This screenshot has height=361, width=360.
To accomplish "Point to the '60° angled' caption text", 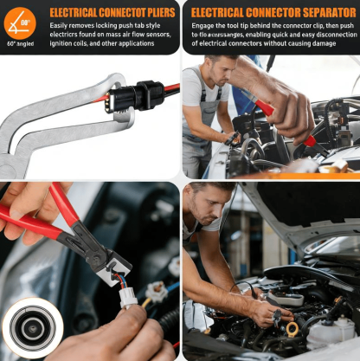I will [x=19, y=42].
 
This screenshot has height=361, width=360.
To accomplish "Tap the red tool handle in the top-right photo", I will [x=265, y=107].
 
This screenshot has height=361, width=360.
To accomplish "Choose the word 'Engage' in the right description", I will [x=206, y=27].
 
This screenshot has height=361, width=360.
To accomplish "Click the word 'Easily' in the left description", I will [x=61, y=27].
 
